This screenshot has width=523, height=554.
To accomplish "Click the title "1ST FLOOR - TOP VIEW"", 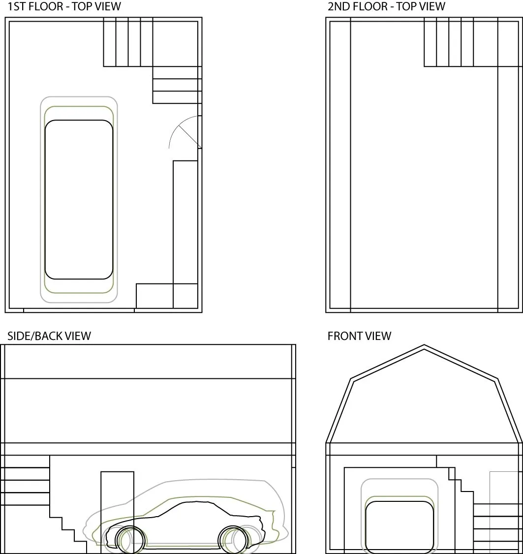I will coord(64,7).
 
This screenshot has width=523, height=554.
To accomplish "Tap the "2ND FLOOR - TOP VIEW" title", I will coord(386,7).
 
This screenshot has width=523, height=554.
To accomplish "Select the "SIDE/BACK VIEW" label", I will coord(49,336).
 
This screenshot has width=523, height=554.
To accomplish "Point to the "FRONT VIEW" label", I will coord(359,336).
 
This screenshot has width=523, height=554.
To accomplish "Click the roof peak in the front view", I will coord(424,347).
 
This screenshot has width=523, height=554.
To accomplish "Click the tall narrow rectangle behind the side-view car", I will coord(117,492).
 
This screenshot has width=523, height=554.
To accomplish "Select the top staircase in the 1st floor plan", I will coord(128,42).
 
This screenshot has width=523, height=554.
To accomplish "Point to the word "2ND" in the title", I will coord(339,7).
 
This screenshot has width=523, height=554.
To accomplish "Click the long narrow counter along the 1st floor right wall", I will coord(185,221).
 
